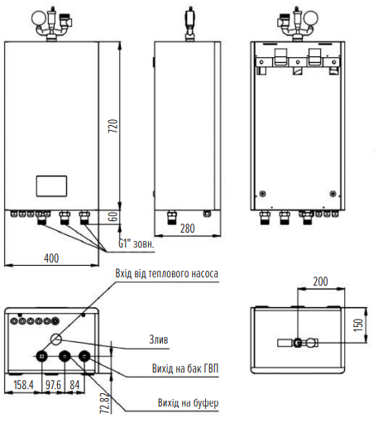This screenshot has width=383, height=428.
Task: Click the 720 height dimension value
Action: pyautogui.click(x=113, y=126)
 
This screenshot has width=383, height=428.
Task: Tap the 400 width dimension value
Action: pyautogui.click(x=51, y=258)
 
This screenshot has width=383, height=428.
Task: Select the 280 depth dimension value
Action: pyautogui.click(x=188, y=228)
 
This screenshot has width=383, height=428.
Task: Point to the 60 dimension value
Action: pyautogui.click(x=113, y=217)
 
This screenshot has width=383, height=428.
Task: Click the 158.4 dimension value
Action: pyautogui.click(x=23, y=385)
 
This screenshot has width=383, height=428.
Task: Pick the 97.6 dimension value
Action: pyautogui.click(x=53, y=385)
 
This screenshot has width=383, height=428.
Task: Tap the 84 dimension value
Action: pyautogui.click(x=74, y=385)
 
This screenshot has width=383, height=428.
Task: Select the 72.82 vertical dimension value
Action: pyautogui.click(x=105, y=403)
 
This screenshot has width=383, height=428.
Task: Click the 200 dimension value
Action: pyautogui.click(x=320, y=281)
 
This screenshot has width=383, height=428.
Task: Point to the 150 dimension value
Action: pyautogui.click(x=358, y=325)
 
